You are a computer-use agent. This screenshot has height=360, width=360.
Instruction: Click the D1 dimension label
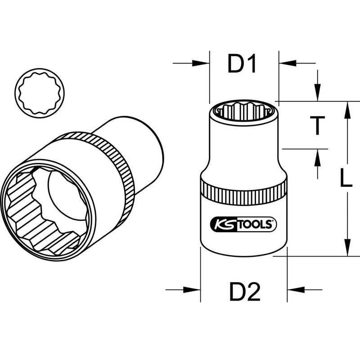[242, 64]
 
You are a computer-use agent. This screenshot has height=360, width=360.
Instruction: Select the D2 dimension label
[245, 293]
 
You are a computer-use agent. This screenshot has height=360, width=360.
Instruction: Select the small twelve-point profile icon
[40, 91]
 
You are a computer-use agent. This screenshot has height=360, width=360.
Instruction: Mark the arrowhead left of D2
[194, 289]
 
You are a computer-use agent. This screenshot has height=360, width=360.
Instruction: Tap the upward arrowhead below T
[318, 156]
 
